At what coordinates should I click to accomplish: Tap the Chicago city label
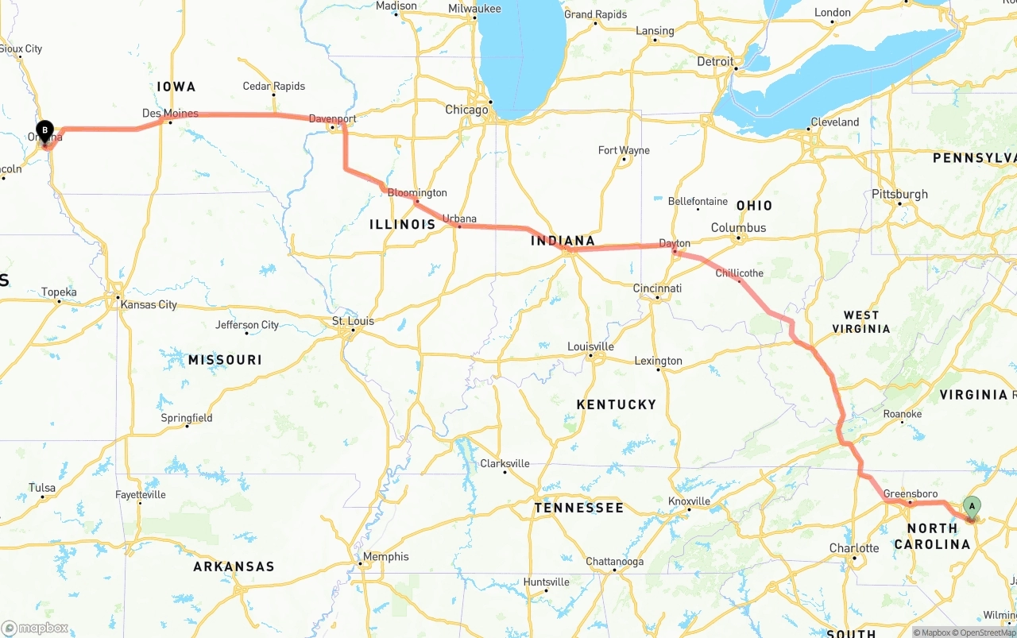pyautogui.click(x=466, y=110)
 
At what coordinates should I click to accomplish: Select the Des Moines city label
pyautogui.click(x=170, y=114)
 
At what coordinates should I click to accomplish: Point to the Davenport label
pyautogui.click(x=332, y=119)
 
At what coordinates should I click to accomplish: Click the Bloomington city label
pyautogui.click(x=417, y=193)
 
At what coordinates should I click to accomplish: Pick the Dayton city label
pyautogui.click(x=675, y=243)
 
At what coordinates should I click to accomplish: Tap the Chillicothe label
pyautogui.click(x=739, y=273)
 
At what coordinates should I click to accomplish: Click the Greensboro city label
pyautogui.click(x=905, y=493)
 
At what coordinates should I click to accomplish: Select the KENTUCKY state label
pyautogui.click(x=617, y=404)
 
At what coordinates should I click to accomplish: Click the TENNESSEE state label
pyautogui.click(x=578, y=508)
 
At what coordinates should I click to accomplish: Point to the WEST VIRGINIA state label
pyautogui.click(x=861, y=322)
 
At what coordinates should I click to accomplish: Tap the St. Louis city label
pyautogui.click(x=353, y=321)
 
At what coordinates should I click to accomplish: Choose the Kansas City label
pyautogui.click(x=149, y=304)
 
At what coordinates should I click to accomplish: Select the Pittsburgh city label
pyautogui.click(x=899, y=194)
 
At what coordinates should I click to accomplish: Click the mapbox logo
pyautogui.click(x=35, y=628)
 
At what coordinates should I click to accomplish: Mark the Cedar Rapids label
pyautogui.click(x=273, y=86)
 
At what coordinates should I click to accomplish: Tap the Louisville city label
pyautogui.click(x=590, y=346)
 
